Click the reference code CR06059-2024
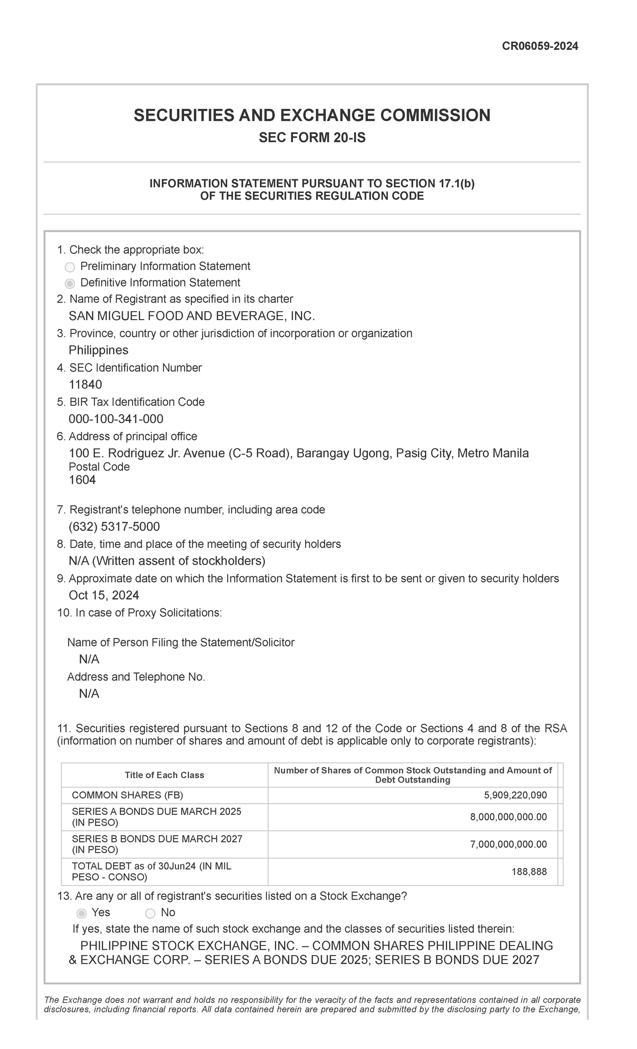coord(540,46)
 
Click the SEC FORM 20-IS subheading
coord(312,139)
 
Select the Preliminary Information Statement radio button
coord(70,267)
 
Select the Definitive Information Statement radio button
coord(70,283)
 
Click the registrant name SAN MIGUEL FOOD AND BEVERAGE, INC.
coord(192,316)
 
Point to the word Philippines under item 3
coord(99,350)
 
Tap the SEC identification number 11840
coord(85,384)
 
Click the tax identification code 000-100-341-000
coord(116,419)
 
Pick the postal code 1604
coord(82,480)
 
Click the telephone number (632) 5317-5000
coord(114,527)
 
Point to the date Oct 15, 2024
coord(104,595)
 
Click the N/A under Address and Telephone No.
coord(89,694)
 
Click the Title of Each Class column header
coord(165,775)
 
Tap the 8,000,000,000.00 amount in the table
coord(508,817)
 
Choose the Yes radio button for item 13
coord(81,913)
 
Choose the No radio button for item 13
coord(150,913)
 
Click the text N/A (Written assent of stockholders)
coord(167,561)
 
